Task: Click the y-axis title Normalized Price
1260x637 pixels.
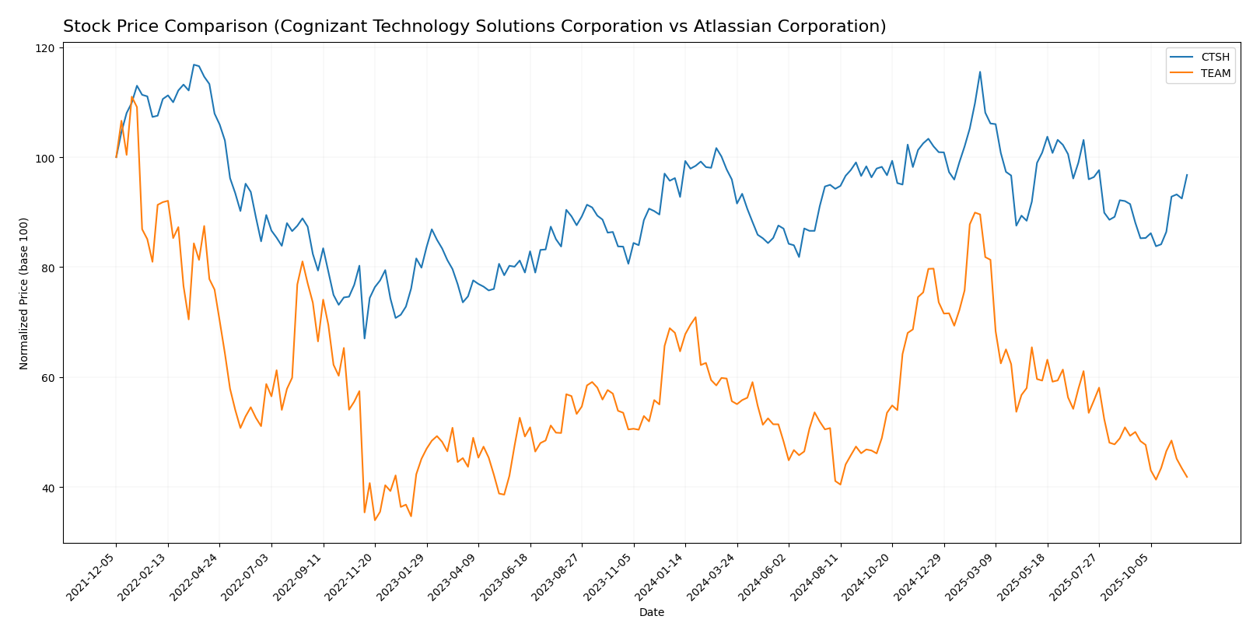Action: pos(24,293)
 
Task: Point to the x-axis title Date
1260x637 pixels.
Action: pos(651,613)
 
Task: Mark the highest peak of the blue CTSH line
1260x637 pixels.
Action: pos(194,65)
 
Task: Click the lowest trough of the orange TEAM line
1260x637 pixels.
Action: pos(374,520)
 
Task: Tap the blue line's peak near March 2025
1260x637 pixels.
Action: pos(979,72)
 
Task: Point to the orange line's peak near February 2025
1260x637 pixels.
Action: pos(975,212)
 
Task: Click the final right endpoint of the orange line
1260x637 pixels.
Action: pos(1187,477)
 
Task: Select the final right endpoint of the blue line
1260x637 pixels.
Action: pos(1187,175)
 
